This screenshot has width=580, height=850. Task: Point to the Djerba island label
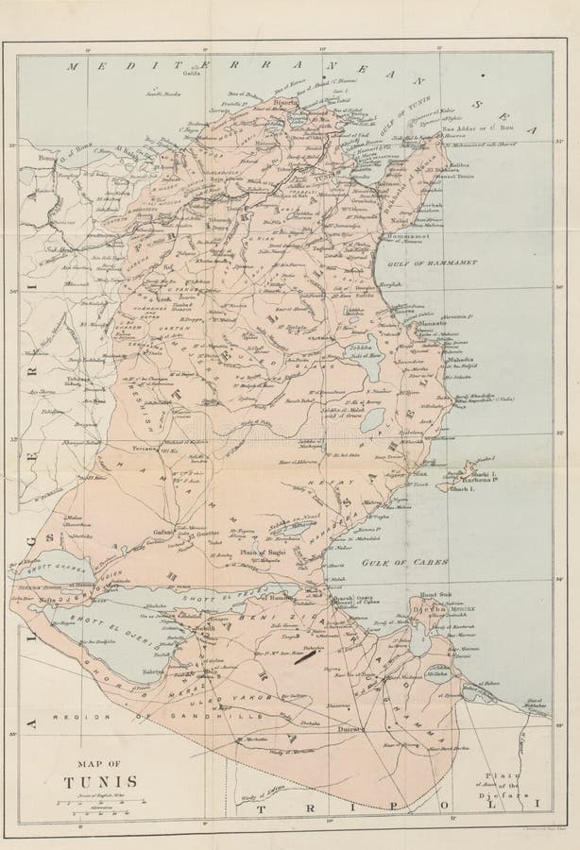tap(427, 610)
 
